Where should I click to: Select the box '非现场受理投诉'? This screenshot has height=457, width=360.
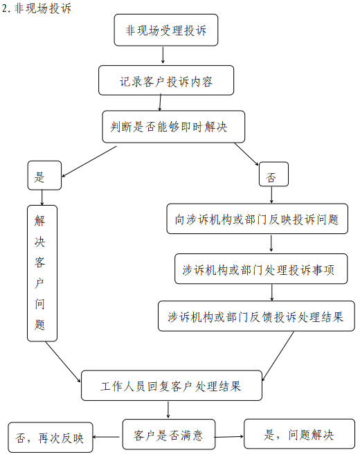point(165,30)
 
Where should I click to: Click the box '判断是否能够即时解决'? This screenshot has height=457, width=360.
point(174,127)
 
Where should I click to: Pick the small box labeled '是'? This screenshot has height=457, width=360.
point(44,177)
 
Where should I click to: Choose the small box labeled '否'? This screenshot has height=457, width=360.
point(273,177)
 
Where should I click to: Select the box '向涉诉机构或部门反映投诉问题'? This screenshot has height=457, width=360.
point(257,219)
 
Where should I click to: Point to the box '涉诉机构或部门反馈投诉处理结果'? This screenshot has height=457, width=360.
point(256,317)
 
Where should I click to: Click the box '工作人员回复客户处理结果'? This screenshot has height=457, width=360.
point(172,386)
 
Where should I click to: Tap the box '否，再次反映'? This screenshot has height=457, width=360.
point(51,438)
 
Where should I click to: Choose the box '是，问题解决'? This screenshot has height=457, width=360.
point(299,435)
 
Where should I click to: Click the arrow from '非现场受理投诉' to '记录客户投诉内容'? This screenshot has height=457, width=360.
point(163,55)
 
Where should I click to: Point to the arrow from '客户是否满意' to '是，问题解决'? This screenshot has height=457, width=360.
point(229,437)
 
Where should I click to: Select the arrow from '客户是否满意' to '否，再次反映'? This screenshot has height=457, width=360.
point(108,438)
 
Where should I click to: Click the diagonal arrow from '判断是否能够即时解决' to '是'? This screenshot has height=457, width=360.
point(89,159)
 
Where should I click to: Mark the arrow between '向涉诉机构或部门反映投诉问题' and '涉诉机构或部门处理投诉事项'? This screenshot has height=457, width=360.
point(271,244)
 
